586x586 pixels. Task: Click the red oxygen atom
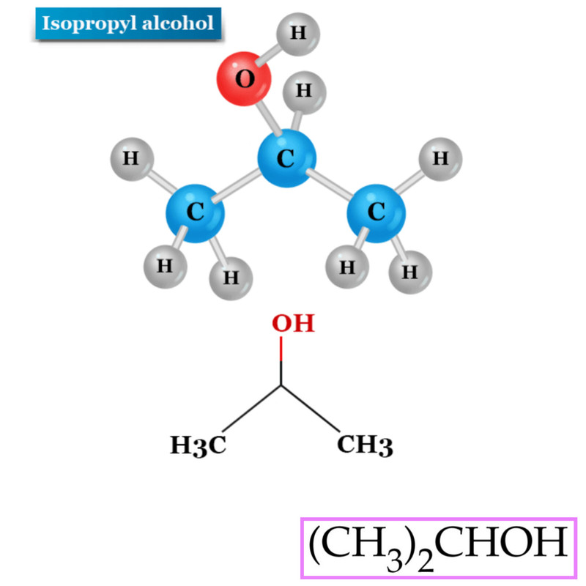pyautogui.click(x=244, y=79)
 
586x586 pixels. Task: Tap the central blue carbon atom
pyautogui.click(x=286, y=158)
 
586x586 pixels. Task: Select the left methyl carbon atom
pyautogui.click(x=195, y=213)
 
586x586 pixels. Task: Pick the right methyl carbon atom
pyautogui.click(x=376, y=213)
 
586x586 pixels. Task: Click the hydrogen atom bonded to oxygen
pyautogui.click(x=298, y=34)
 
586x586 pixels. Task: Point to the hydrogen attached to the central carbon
pyautogui.click(x=304, y=92)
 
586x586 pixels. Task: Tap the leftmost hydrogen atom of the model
pyautogui.click(x=132, y=159)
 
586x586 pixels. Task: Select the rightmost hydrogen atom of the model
pyautogui.click(x=440, y=159)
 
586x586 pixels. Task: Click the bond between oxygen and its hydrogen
pyautogui.click(x=267, y=56)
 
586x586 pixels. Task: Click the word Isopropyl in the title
pyautogui.click(x=89, y=24)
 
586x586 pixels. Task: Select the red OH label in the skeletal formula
pyautogui.click(x=293, y=323)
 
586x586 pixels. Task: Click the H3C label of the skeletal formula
pyautogui.click(x=198, y=445)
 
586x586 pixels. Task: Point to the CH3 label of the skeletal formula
pyautogui.click(x=365, y=445)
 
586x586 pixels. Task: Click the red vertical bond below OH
pyautogui.click(x=281, y=349)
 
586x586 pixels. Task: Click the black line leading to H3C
pyautogui.click(x=251, y=409)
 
